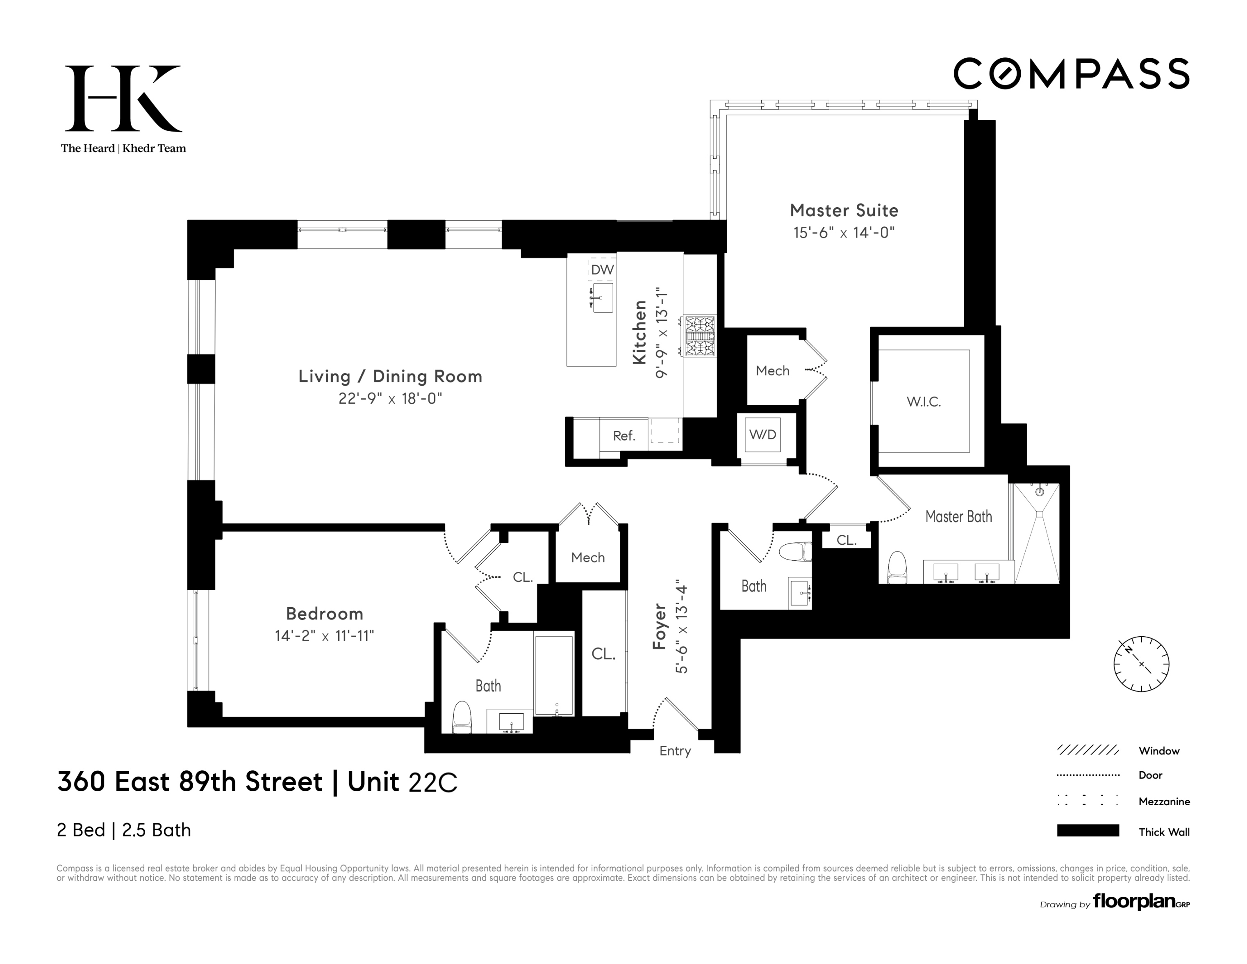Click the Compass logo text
tap(1071, 74)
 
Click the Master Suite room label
tap(844, 210)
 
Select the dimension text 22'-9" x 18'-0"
tap(390, 398)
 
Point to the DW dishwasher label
tap(602, 270)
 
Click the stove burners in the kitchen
tap(700, 336)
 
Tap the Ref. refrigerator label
tap(623, 436)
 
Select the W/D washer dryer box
tap(763, 435)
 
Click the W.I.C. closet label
tap(923, 402)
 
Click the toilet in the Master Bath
tap(898, 567)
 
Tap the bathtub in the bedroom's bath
tap(553, 675)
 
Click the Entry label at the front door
tap(675, 751)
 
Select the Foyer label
tap(660, 626)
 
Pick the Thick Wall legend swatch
tap(1088, 831)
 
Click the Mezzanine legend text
tap(1164, 801)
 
